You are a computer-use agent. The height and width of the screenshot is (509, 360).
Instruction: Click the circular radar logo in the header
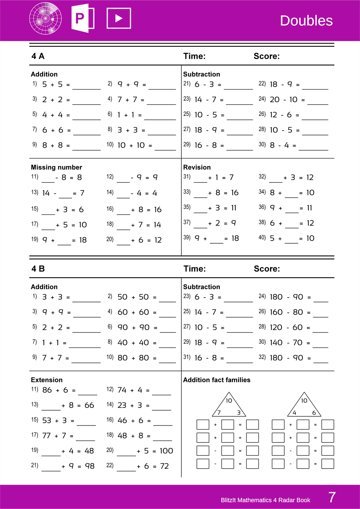46,18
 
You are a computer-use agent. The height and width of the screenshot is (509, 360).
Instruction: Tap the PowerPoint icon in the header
83,18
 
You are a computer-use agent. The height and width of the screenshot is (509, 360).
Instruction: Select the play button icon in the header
119,18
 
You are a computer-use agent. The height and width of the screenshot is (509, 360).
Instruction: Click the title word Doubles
306,21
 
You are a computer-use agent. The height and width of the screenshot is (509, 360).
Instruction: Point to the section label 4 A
38,56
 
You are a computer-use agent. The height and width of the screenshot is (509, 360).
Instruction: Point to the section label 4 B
38,269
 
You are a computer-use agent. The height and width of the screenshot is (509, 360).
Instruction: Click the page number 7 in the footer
332,497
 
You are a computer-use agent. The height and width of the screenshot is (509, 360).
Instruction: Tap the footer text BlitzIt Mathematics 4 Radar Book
265,500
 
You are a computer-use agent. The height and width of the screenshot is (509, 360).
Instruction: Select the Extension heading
47,380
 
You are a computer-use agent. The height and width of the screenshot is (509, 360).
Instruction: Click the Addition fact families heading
217,380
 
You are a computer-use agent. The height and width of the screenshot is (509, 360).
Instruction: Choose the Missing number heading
56,167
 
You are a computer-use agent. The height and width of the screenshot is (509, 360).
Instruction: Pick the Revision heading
197,167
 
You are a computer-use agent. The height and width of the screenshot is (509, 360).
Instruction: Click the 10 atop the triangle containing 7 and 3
229,401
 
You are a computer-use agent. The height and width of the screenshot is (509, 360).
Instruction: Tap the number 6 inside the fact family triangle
314,413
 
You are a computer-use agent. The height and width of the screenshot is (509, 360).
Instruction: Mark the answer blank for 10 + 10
165,147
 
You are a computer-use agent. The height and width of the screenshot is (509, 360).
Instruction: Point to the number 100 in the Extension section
166,451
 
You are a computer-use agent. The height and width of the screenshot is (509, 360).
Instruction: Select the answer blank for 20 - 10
318,101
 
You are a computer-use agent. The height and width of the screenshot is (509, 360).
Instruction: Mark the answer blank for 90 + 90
168,329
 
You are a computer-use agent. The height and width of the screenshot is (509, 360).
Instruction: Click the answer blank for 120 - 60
320,329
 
